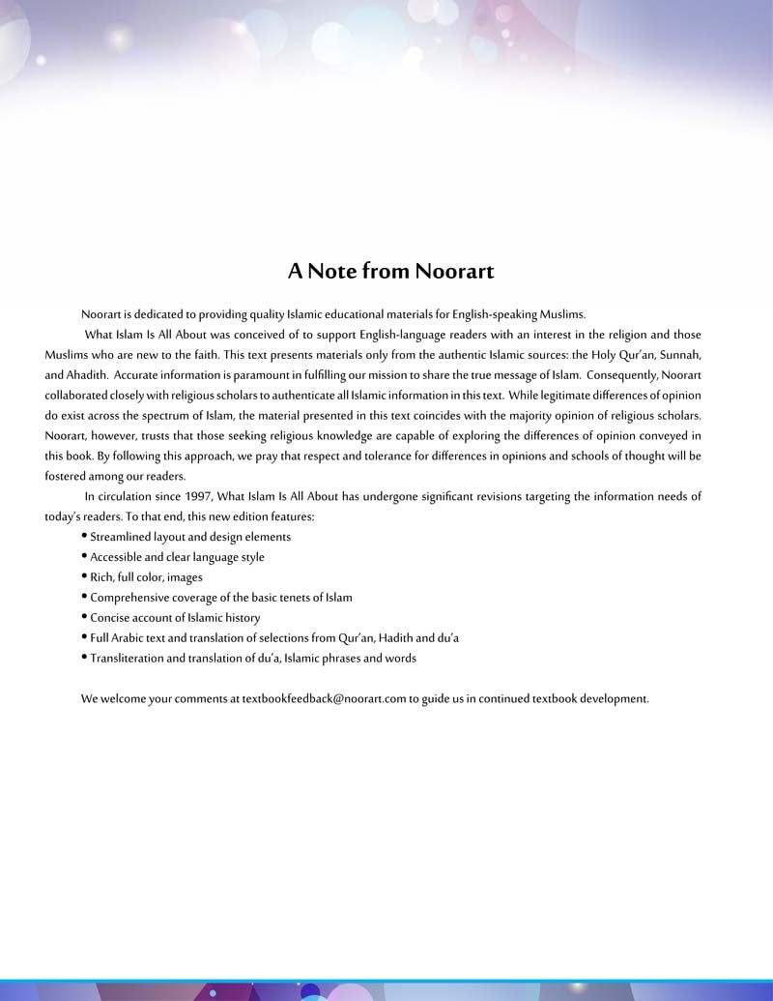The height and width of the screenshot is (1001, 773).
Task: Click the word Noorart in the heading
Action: coord(454,271)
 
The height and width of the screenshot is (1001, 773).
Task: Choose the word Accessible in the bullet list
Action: coord(120,557)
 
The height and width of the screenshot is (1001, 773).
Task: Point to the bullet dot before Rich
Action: coord(85,576)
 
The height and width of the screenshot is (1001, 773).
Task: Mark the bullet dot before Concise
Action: coord(85,617)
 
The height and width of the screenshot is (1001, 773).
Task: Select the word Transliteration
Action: coord(128,659)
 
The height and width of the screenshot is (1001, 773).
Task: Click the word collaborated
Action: coord(80,395)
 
